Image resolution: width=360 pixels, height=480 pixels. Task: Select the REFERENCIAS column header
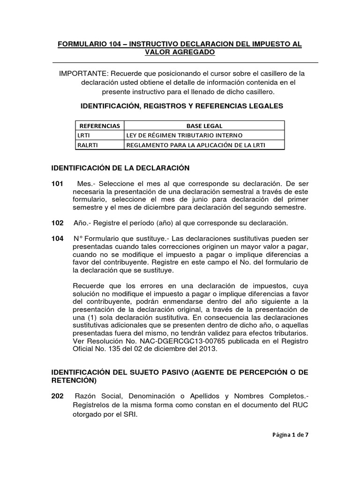pos(99,126)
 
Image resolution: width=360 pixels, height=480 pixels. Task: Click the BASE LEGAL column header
pos(204,126)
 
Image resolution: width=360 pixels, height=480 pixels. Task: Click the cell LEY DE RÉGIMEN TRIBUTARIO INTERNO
pos(184,135)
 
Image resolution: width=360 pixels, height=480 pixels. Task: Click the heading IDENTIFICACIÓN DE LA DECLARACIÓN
pos(120,168)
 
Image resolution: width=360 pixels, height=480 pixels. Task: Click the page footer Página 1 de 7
pos(291,435)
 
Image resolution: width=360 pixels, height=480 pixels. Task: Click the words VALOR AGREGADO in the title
pos(180,52)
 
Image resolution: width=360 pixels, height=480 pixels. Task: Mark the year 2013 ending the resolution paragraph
pos(209,349)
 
